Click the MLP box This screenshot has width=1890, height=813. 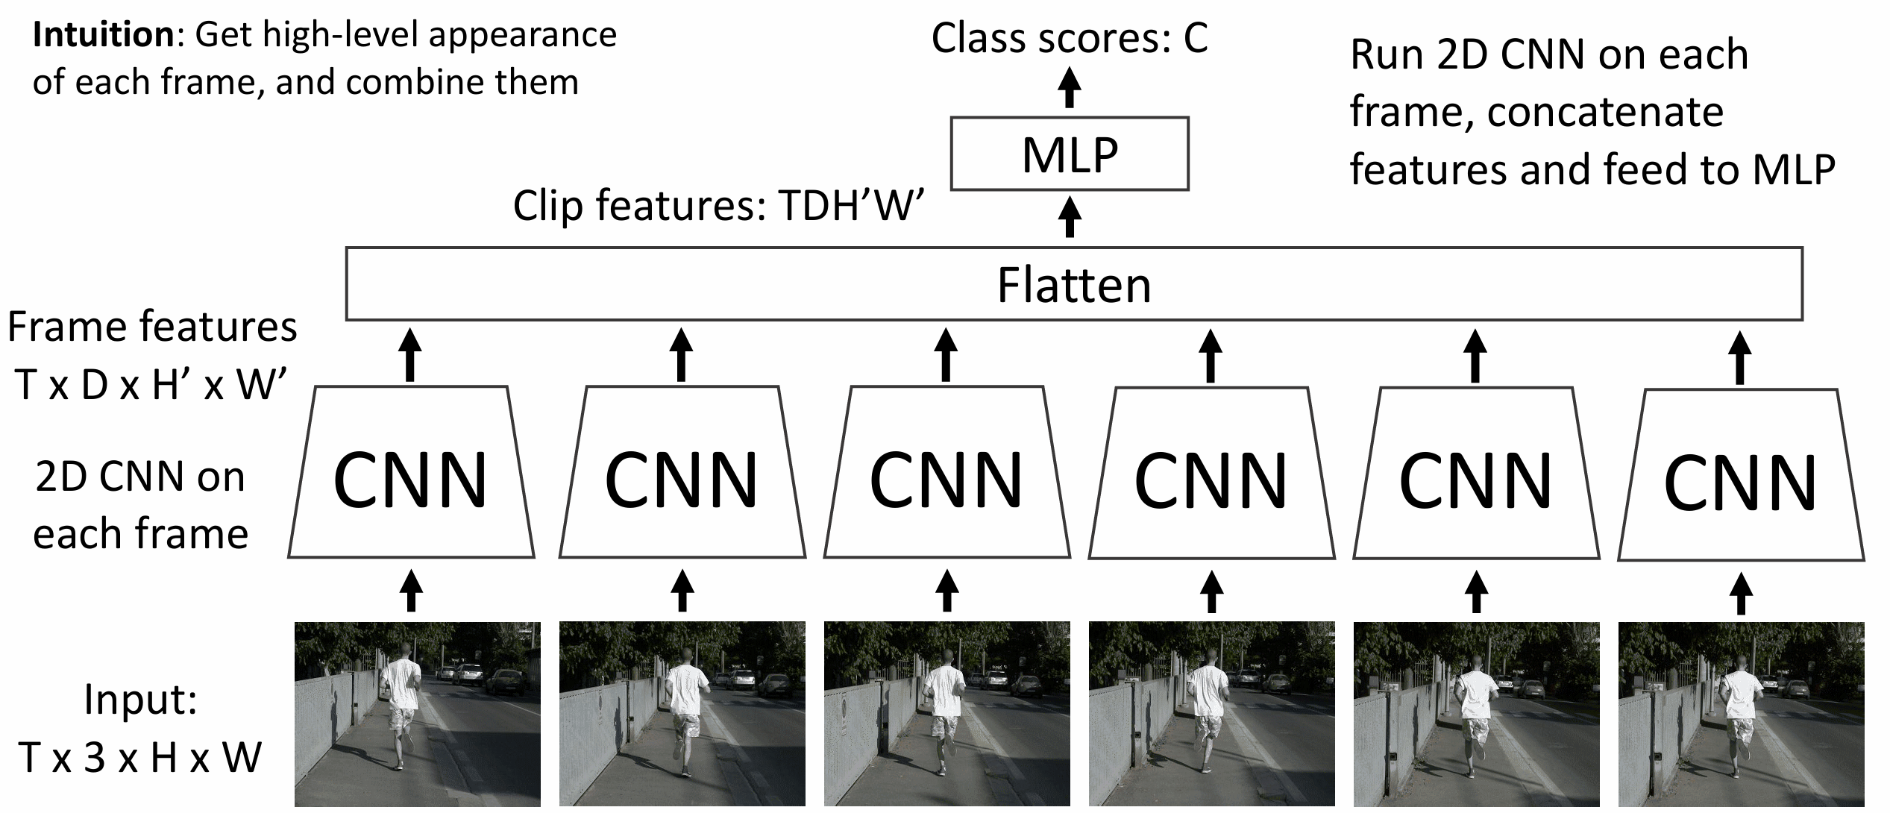click(x=1070, y=154)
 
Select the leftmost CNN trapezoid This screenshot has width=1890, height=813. click(x=411, y=472)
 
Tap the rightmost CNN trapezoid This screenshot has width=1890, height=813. click(x=1741, y=474)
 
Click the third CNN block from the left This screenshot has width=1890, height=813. click(x=946, y=472)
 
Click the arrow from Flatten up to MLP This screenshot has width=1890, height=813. click(x=1070, y=216)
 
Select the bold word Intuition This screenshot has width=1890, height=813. click(x=103, y=35)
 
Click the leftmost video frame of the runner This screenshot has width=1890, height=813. click(x=418, y=714)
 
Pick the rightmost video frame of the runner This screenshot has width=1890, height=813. click(x=1741, y=714)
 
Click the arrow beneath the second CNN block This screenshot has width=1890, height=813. click(x=682, y=591)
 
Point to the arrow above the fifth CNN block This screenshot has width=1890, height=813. click(x=1475, y=356)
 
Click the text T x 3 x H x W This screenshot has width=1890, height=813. click(x=140, y=757)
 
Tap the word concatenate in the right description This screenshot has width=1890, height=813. click(x=1606, y=113)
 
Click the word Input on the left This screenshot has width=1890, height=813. click(x=140, y=700)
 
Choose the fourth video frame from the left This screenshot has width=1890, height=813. click(x=1212, y=714)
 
